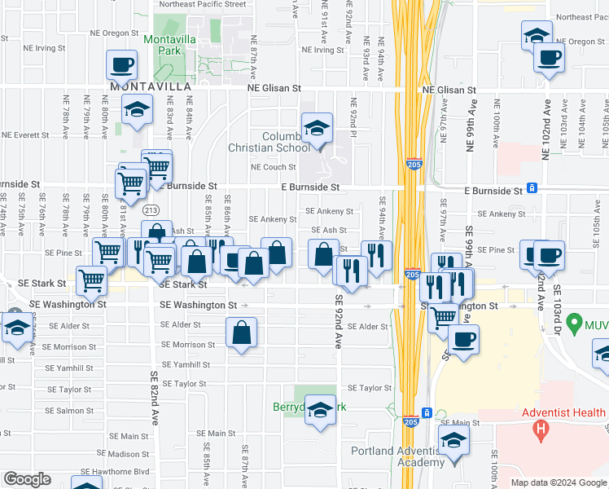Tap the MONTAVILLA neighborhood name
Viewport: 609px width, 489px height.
click(151, 86)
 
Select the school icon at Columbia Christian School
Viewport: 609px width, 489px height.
click(317, 129)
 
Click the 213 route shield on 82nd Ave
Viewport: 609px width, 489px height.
click(150, 210)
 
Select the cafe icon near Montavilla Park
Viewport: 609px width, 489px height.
click(121, 64)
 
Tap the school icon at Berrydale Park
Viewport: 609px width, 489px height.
click(320, 409)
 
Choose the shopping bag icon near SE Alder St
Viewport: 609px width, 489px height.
click(242, 333)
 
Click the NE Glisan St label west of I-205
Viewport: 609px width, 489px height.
click(274, 88)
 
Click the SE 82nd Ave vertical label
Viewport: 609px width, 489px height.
click(154, 399)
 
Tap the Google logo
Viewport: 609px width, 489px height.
click(28, 479)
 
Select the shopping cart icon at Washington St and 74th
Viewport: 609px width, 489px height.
click(91, 281)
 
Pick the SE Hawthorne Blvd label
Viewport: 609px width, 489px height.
click(120, 471)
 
